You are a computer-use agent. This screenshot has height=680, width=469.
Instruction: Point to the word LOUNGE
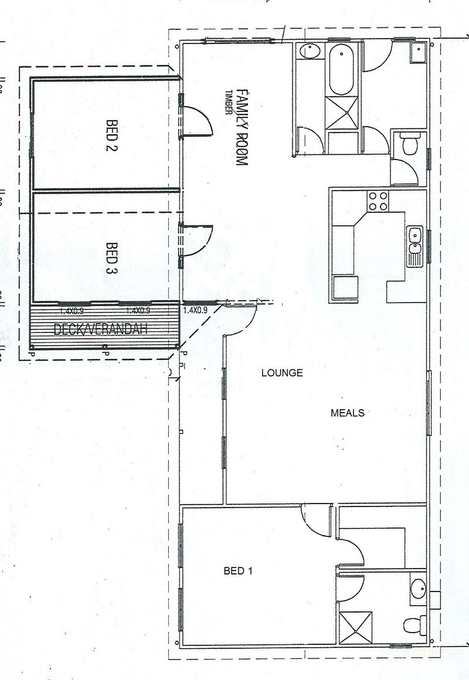click(x=282, y=372)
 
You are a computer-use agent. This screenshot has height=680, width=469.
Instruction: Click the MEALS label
click(x=348, y=413)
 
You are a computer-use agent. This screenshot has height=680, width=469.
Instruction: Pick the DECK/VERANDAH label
click(x=101, y=329)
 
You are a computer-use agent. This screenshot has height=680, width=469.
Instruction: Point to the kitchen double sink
click(x=416, y=246)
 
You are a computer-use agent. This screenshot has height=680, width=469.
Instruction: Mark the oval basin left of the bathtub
click(x=309, y=52)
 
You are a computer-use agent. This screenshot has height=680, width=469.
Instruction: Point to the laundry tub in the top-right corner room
click(x=419, y=52)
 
